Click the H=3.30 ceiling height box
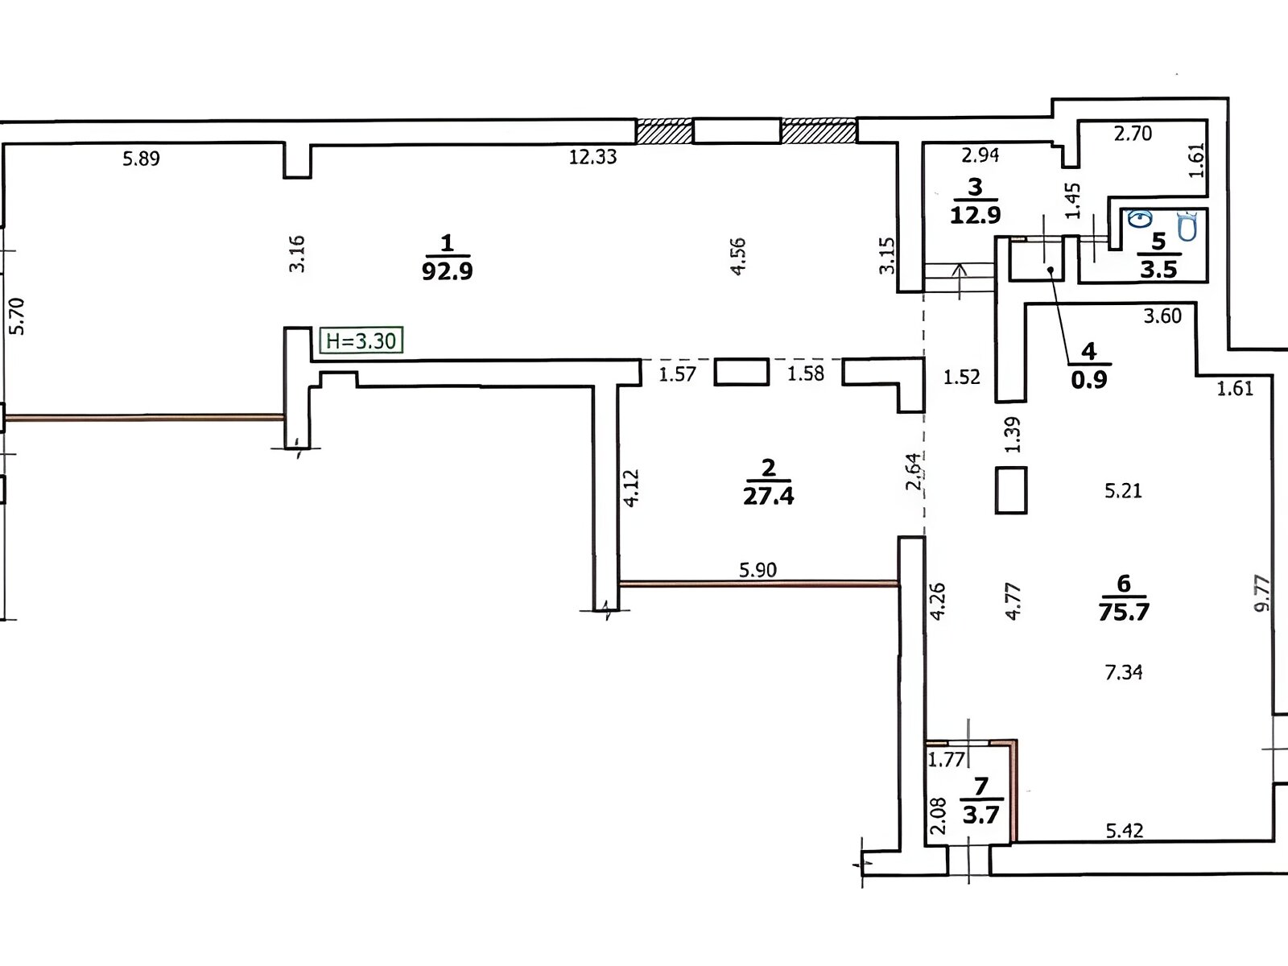click(x=361, y=341)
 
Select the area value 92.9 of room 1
click(x=447, y=270)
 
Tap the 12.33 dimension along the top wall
click(x=592, y=157)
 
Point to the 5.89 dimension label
click(x=141, y=159)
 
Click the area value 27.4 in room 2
click(x=768, y=496)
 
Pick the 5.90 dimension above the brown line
click(x=758, y=570)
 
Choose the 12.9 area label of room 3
click(x=975, y=215)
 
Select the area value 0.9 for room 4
click(x=1088, y=379)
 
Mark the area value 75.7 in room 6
click(x=1124, y=612)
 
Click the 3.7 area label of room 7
click(x=980, y=815)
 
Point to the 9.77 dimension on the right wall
click(x=1262, y=592)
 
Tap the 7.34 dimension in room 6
click(x=1124, y=671)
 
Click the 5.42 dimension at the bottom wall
click(x=1124, y=830)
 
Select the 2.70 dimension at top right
click(x=1133, y=134)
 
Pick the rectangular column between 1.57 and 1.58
click(x=741, y=372)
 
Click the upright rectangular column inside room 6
click(x=1011, y=489)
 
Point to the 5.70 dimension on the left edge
click(x=18, y=316)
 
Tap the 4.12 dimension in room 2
click(x=631, y=488)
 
